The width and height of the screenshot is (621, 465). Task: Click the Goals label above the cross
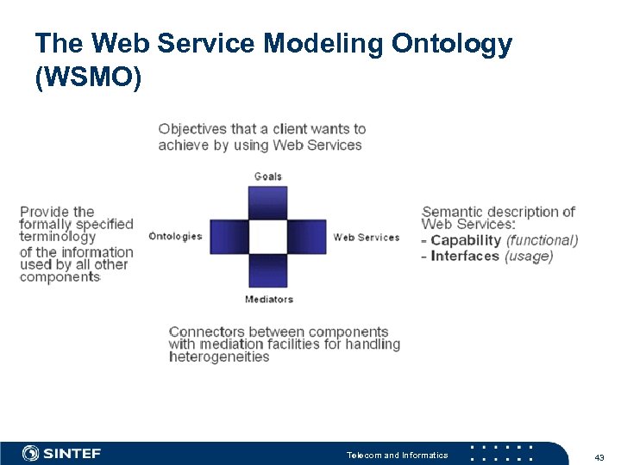(x=267, y=177)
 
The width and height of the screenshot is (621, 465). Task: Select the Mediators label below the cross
(x=269, y=300)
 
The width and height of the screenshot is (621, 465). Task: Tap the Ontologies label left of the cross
(x=175, y=237)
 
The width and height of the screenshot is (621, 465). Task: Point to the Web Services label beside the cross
(x=367, y=237)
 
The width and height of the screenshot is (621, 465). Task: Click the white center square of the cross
(x=268, y=237)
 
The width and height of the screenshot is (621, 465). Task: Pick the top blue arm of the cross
(x=268, y=203)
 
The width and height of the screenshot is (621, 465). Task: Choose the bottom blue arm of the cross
(x=268, y=270)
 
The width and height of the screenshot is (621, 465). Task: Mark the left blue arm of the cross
(x=229, y=237)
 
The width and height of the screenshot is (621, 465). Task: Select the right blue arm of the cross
(x=307, y=237)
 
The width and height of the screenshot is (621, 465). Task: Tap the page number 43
(x=599, y=456)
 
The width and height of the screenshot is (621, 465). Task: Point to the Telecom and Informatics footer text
(x=397, y=455)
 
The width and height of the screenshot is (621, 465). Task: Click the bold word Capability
(x=466, y=240)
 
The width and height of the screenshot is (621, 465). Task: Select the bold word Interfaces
(x=465, y=256)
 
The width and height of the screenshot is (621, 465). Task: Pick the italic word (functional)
(x=542, y=240)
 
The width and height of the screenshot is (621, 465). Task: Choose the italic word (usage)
(x=529, y=256)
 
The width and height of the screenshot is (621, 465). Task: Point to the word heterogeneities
(x=219, y=357)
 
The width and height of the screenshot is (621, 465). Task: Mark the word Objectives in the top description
(x=192, y=129)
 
